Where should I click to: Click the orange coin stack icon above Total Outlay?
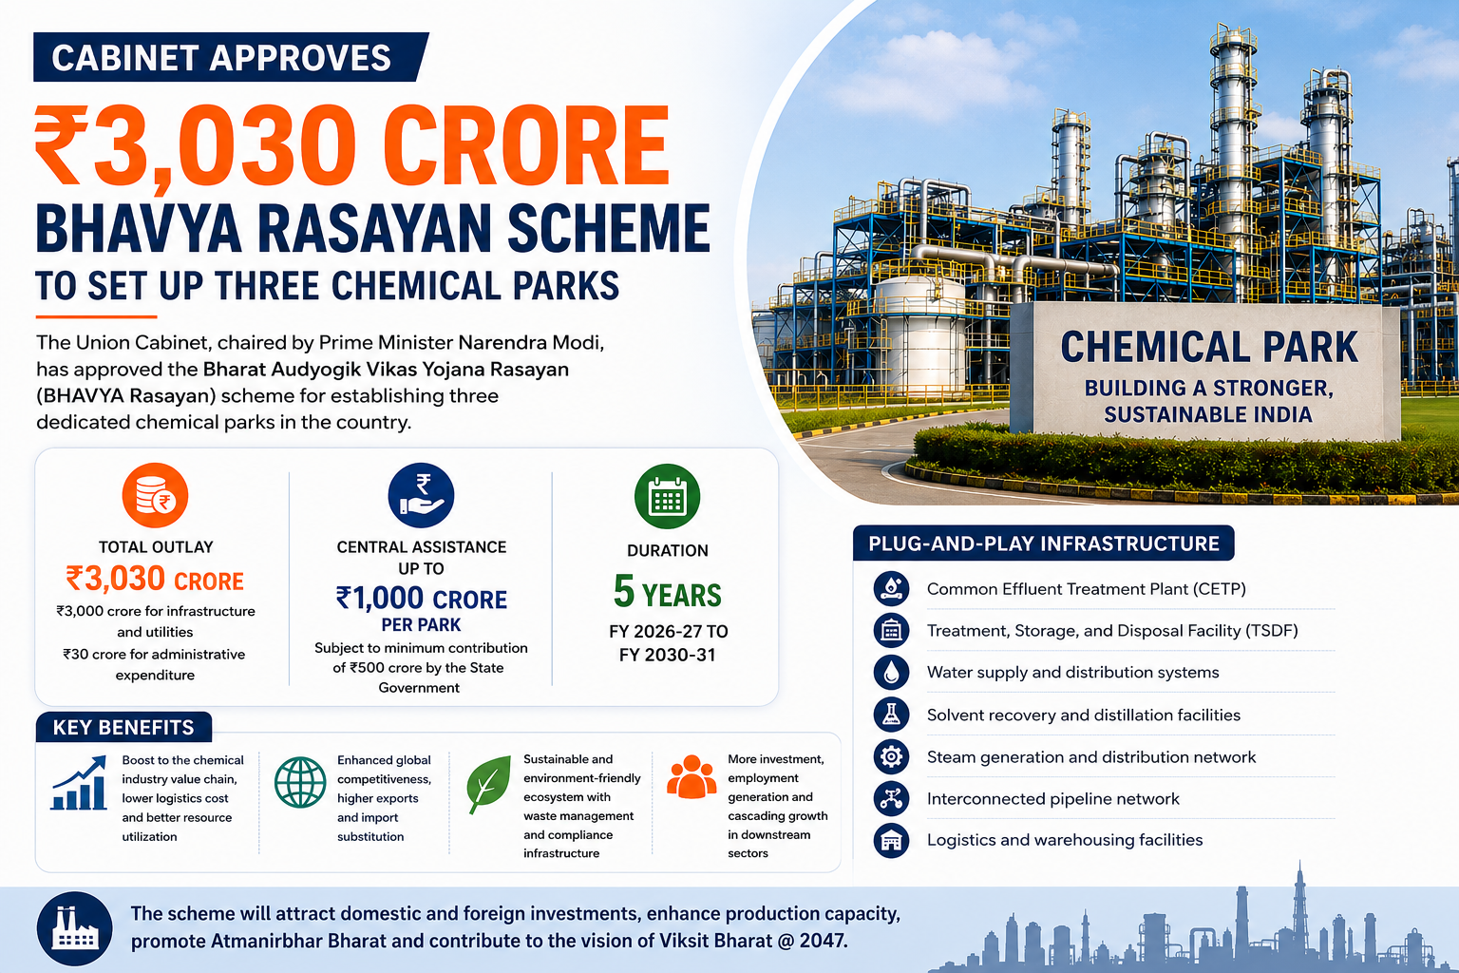pos(155,495)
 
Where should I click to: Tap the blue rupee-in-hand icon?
pos(421,495)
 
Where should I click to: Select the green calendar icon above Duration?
pos(667,497)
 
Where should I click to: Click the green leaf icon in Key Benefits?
pos(488,784)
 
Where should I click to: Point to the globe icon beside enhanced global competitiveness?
pos(300,782)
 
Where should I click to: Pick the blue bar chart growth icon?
pos(79,783)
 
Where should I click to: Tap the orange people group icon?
pos(692,777)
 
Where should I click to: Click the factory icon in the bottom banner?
pos(74,928)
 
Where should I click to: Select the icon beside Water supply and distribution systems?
pos(891,672)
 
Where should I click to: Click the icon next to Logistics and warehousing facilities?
pos(891,840)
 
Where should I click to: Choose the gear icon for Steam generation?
pos(891,756)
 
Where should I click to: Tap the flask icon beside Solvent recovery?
pos(891,715)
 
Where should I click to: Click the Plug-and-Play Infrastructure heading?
pos(1044,543)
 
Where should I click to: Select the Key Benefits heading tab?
pos(123,727)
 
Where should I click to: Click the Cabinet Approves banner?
pos(231,57)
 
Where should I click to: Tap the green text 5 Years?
pos(667,592)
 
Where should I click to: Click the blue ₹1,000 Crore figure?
pos(421,599)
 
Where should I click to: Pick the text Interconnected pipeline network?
pos(1052,798)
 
